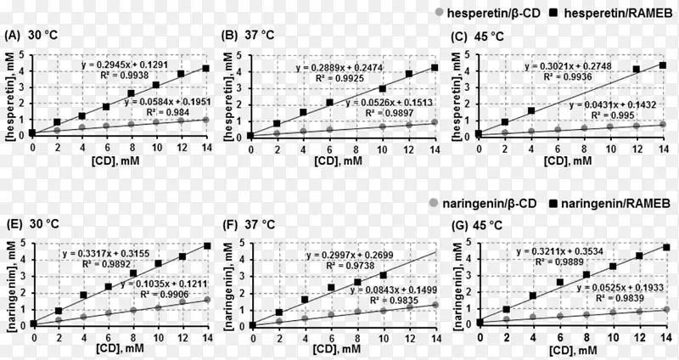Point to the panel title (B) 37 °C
click(x=249, y=36)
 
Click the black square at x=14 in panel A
click(x=205, y=68)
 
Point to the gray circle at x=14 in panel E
click(x=205, y=300)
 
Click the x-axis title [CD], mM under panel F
click(x=339, y=349)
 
